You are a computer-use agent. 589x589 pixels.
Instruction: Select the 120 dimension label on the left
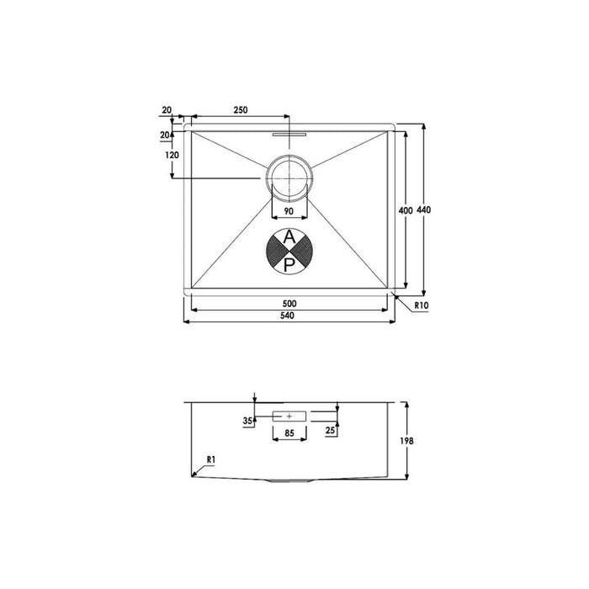(x=172, y=156)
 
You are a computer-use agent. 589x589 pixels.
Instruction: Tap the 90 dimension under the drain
(x=288, y=211)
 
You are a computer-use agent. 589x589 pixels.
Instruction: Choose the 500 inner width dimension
(x=290, y=303)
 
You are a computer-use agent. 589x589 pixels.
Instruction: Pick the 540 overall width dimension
(x=290, y=316)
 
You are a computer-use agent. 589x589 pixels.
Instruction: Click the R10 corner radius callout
(x=422, y=307)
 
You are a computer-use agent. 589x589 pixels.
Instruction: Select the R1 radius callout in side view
(x=212, y=459)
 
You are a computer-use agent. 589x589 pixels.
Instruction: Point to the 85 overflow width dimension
(x=289, y=432)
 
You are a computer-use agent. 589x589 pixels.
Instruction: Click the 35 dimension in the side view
(x=248, y=420)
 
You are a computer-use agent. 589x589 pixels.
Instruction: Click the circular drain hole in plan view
(x=289, y=178)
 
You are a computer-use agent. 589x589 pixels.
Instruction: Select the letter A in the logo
(x=289, y=238)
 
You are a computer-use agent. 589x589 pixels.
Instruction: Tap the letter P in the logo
(x=289, y=265)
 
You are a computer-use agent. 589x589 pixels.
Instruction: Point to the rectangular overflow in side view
(x=289, y=416)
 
